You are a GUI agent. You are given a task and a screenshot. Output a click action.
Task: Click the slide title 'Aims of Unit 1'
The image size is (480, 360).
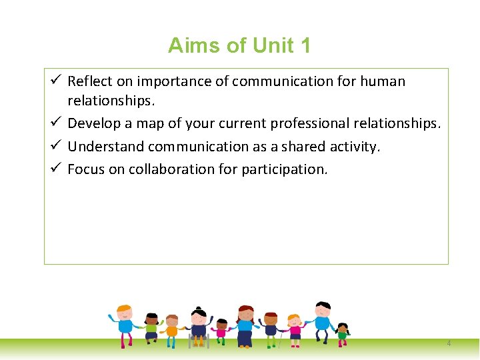point(239,45)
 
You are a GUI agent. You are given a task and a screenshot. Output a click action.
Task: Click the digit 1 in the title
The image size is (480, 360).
point(305,45)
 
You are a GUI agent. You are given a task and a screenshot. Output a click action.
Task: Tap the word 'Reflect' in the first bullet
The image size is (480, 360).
point(90,81)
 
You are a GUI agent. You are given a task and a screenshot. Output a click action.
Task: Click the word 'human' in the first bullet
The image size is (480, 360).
point(382,81)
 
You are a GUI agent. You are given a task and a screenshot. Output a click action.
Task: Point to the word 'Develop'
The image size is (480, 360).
point(92,123)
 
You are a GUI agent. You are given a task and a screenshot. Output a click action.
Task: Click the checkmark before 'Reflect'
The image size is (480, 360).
point(57,81)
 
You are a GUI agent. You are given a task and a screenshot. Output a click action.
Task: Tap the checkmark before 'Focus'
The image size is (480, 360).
point(57,169)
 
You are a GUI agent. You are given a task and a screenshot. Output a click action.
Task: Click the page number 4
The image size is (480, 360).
point(449,343)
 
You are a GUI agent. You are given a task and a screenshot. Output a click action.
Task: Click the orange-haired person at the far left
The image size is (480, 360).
point(125,324)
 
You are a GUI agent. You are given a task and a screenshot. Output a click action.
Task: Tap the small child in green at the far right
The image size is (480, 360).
point(343,333)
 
